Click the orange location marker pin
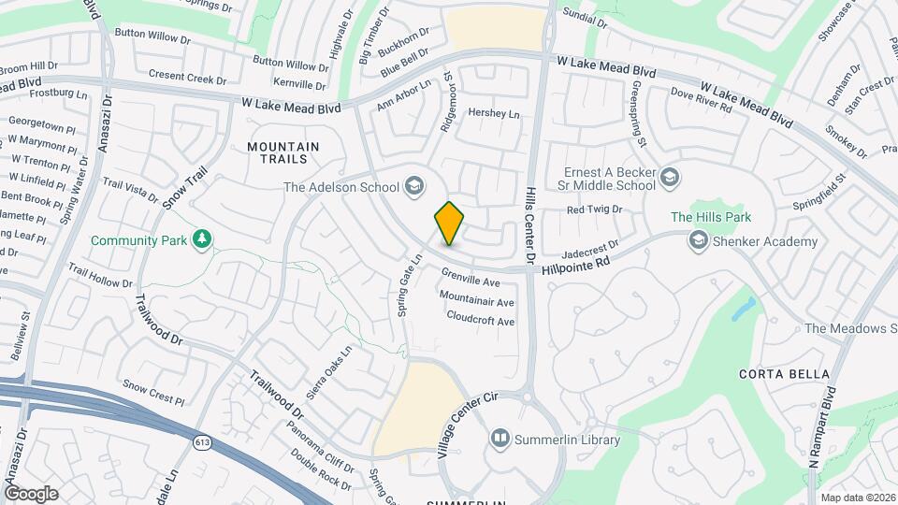click(449, 224)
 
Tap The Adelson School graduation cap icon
click(413, 187)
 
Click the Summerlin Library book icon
click(500, 439)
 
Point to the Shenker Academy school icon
click(697, 241)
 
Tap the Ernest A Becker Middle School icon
click(670, 178)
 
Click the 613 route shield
click(201, 441)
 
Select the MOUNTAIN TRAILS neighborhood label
click(283, 153)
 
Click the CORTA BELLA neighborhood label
click(773, 373)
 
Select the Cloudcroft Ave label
click(481, 321)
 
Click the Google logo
click(31, 493)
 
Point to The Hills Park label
click(711, 218)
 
